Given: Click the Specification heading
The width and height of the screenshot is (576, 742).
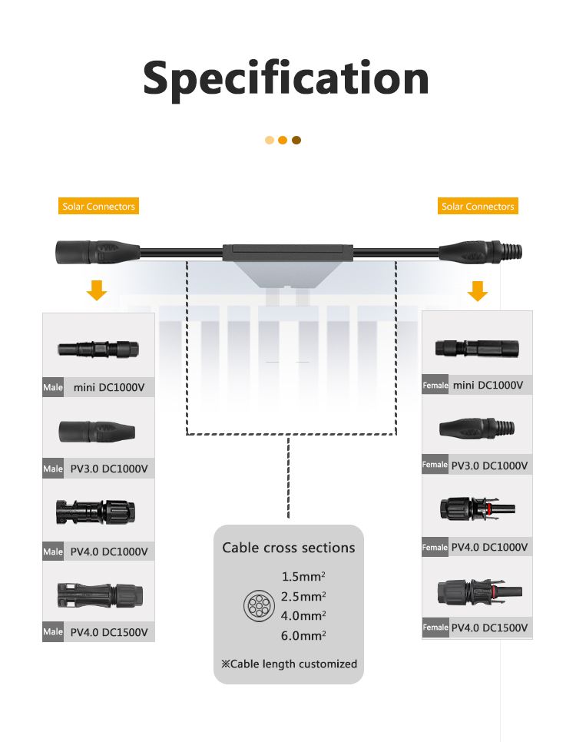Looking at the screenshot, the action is (x=286, y=79).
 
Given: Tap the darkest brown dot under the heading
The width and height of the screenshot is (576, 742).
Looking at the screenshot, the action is (x=296, y=140).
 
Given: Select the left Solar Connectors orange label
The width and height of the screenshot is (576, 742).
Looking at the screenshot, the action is (x=98, y=206).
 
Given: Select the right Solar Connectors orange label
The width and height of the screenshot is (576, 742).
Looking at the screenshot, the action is (x=478, y=206).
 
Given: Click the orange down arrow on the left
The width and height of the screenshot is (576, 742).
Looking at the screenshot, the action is (x=97, y=290).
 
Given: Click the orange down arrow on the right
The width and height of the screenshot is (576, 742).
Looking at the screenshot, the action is (x=478, y=290).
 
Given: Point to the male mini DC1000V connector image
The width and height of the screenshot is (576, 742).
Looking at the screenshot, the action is (x=98, y=349).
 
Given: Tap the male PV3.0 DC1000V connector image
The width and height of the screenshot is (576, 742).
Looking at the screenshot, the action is (x=97, y=431).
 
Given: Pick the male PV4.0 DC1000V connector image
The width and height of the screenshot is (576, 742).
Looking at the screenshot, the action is (x=95, y=512).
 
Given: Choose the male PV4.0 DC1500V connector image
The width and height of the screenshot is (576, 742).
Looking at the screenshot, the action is (x=100, y=595).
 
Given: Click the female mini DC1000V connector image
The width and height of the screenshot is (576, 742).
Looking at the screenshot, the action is (x=477, y=349).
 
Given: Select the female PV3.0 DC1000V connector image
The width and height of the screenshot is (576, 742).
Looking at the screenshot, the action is (x=477, y=428).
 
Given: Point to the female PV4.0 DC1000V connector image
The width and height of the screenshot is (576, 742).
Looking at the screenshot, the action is (x=478, y=508).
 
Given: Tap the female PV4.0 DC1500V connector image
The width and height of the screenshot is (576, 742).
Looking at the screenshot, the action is (x=479, y=592).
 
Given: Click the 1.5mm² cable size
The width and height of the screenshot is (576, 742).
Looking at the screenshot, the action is (x=303, y=576).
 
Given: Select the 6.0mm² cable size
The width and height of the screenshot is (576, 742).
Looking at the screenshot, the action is (x=303, y=635).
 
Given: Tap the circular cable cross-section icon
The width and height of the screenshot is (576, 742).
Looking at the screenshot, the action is (x=259, y=606).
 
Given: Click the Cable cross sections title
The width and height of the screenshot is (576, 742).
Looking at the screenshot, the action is (x=289, y=548).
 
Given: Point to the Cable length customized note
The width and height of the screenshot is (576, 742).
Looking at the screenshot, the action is (x=289, y=664).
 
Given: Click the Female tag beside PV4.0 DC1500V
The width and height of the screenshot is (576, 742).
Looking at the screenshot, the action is (x=435, y=628).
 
